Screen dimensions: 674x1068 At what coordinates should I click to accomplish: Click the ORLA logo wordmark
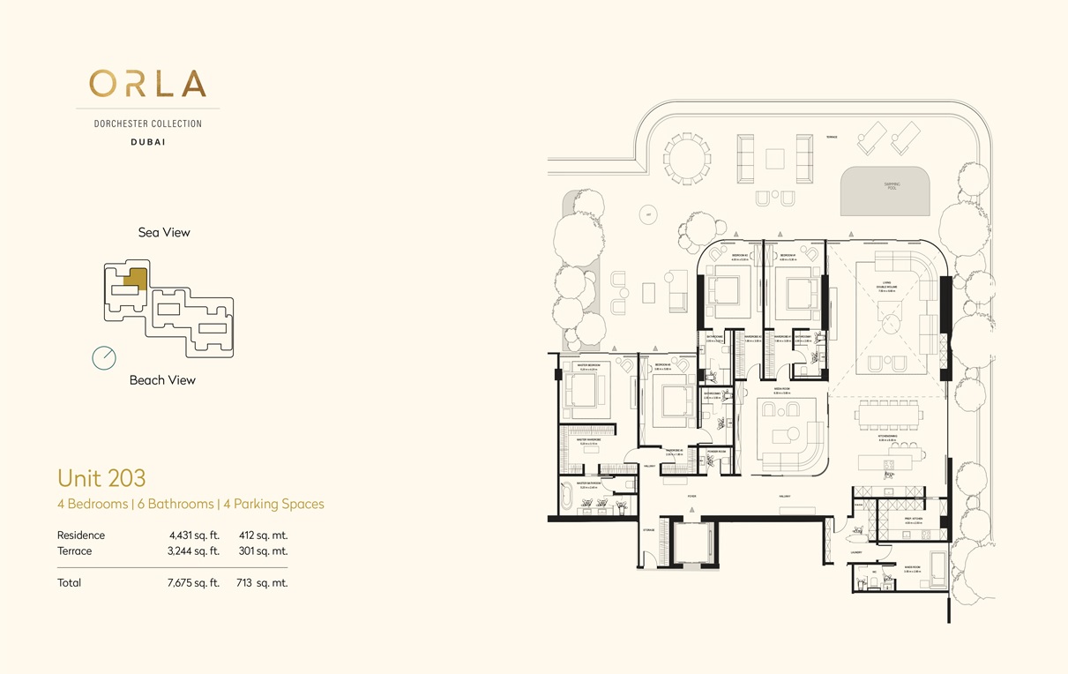pyautogui.click(x=148, y=84)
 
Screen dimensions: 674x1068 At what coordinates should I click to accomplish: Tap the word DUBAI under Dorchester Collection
pyautogui.click(x=147, y=141)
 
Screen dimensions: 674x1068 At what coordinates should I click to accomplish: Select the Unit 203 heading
pyautogui.click(x=101, y=478)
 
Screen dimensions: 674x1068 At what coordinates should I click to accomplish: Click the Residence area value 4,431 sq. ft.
pyautogui.click(x=194, y=535)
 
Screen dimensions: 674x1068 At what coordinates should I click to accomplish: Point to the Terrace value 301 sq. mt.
pyautogui.click(x=262, y=550)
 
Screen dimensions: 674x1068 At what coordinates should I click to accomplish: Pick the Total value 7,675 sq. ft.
pyautogui.click(x=194, y=582)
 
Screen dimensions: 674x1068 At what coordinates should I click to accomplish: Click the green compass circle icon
pyautogui.click(x=104, y=357)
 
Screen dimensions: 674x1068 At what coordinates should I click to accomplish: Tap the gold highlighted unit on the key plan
pyautogui.click(x=135, y=279)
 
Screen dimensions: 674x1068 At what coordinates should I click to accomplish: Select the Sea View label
pyautogui.click(x=164, y=233)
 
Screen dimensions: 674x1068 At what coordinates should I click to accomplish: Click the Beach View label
pyautogui.click(x=162, y=380)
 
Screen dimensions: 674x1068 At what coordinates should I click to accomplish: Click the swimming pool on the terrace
pyautogui.click(x=885, y=191)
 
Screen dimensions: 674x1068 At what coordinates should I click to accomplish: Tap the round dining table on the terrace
pyautogui.click(x=686, y=160)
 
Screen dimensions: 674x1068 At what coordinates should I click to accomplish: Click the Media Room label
pyautogui.click(x=780, y=388)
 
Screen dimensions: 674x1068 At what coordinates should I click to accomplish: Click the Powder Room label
pyautogui.click(x=716, y=451)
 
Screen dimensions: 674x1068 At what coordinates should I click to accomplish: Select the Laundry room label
pyautogui.click(x=856, y=553)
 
